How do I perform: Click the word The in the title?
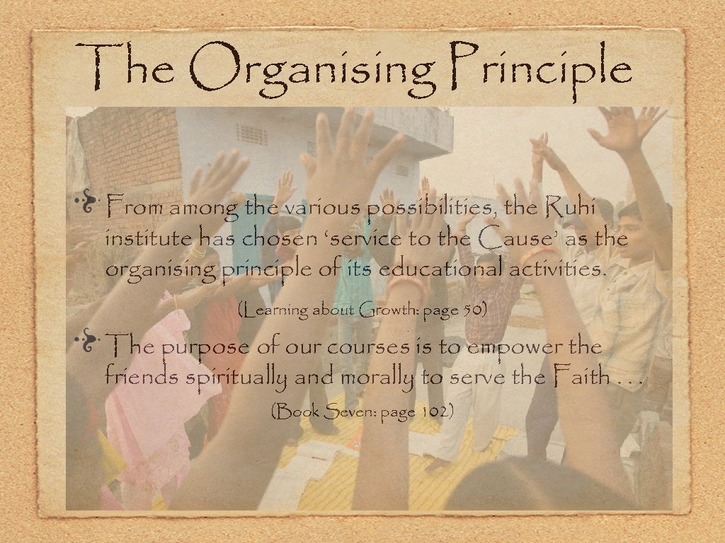130,67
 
